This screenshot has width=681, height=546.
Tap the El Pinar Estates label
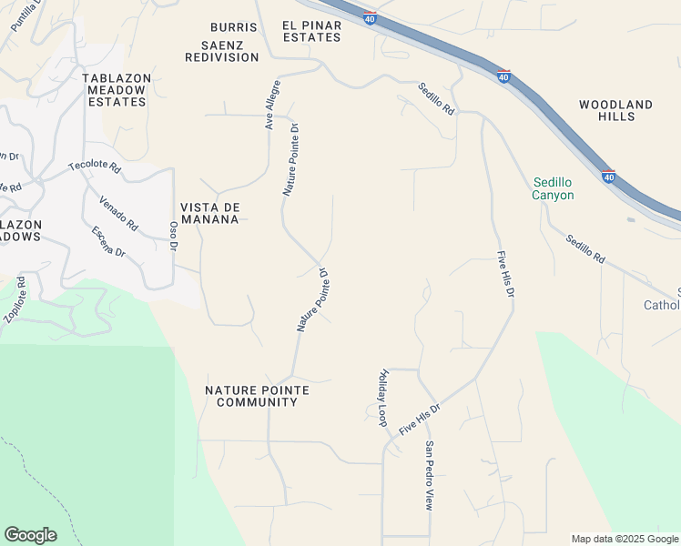[311, 31]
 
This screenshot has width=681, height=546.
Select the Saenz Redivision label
[222, 50]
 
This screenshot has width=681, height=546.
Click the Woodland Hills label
[615, 110]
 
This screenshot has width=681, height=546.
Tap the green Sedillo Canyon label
[554, 188]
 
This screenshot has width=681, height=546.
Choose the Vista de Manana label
[209, 213]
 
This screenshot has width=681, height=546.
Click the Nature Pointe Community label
[257, 396]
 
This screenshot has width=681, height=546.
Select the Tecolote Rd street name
[94, 167]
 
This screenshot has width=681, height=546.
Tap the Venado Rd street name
[118, 213]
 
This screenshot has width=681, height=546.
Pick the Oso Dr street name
[174, 233]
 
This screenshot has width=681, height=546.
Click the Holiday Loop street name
[382, 398]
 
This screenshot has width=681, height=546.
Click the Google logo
[30, 535]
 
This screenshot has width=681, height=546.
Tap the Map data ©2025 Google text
[625, 539]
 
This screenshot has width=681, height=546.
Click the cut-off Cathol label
[662, 305]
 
